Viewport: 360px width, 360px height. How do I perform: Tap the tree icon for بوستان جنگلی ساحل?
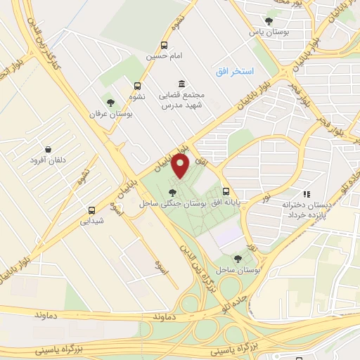click(173, 191)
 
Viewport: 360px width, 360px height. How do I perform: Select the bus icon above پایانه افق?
click(226, 191)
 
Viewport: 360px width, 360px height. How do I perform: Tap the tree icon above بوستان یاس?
click(268, 20)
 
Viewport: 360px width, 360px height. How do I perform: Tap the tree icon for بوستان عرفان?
click(109, 103)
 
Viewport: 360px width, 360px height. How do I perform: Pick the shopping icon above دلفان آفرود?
click(47, 149)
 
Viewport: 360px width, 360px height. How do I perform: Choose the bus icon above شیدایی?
click(91, 210)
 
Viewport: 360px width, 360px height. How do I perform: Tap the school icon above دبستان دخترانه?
click(306, 193)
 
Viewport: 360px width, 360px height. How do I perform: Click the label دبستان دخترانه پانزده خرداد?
click(306, 208)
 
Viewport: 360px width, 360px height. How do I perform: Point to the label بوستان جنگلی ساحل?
click(172, 202)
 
